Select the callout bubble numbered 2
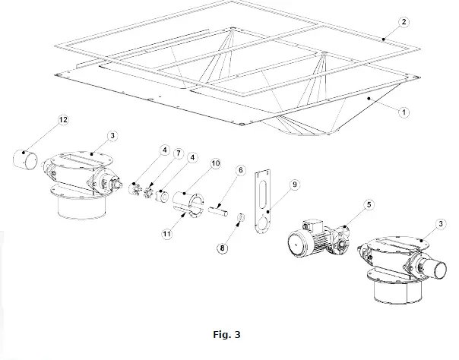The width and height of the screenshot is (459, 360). [x=405, y=22]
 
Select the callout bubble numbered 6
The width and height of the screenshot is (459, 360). [x=241, y=172]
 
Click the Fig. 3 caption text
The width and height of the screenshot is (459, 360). [x=229, y=333]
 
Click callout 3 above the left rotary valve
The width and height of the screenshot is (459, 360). [x=112, y=135]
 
